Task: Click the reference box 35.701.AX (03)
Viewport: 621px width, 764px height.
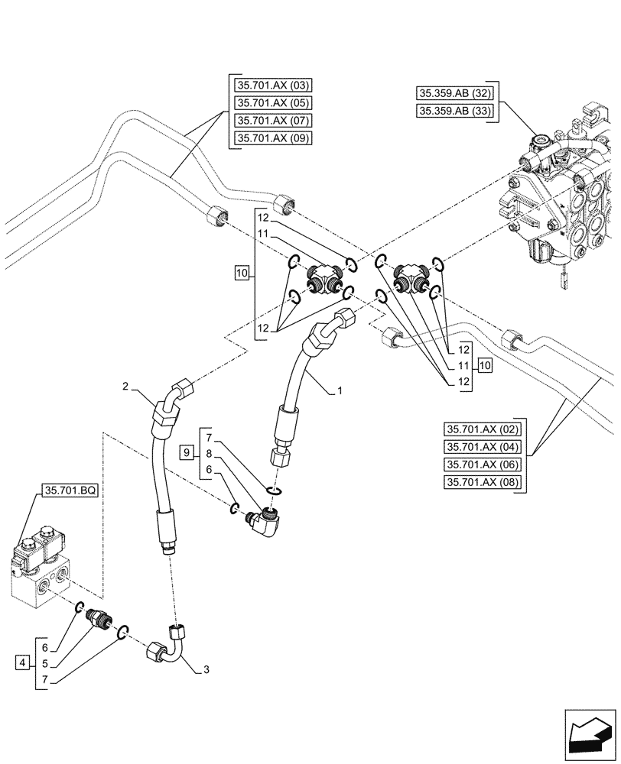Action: (x=267, y=85)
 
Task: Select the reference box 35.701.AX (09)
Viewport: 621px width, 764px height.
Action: (x=267, y=138)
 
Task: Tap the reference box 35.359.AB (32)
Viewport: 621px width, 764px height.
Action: (x=456, y=94)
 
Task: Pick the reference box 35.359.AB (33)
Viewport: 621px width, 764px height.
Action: (x=456, y=112)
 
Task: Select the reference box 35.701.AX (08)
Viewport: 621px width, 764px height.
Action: (x=482, y=482)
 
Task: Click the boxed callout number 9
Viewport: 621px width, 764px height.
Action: (x=186, y=454)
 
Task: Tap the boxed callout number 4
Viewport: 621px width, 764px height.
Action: (x=23, y=662)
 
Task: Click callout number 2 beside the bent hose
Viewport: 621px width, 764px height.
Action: (x=124, y=387)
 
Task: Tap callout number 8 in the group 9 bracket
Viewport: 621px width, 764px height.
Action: (x=209, y=454)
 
